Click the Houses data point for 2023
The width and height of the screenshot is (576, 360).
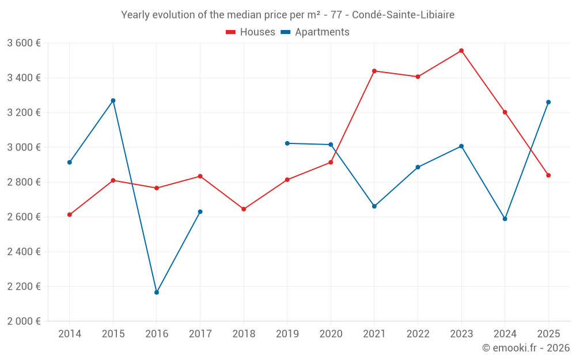(461, 51)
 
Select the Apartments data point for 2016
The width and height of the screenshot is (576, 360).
(157, 293)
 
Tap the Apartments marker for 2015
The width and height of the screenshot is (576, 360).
(113, 101)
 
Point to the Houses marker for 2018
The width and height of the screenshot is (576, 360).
(244, 209)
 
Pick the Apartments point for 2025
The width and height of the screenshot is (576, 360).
(548, 102)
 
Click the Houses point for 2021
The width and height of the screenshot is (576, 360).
(374, 71)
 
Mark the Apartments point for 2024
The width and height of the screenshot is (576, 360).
(505, 219)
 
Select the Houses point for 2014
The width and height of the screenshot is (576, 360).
(70, 215)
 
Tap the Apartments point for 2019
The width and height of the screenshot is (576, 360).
(287, 143)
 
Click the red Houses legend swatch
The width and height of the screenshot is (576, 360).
(230, 32)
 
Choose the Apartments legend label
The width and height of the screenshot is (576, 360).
(322, 32)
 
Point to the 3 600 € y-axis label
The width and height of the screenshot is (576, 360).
(24, 43)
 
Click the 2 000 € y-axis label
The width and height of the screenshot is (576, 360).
(24, 321)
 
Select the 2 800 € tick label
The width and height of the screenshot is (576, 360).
(24, 182)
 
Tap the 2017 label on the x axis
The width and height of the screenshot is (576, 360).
(200, 334)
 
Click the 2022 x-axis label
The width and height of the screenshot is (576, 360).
(418, 334)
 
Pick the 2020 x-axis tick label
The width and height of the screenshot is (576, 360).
(331, 334)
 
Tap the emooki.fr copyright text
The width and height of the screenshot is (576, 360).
(526, 348)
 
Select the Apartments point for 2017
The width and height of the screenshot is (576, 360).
(200, 212)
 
